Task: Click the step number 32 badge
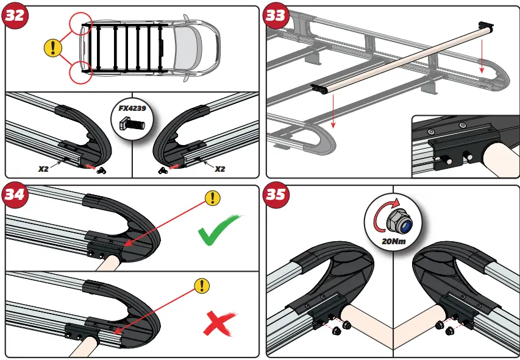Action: click(15, 15)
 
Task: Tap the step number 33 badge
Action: click(276, 15)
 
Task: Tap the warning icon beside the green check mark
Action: click(212, 197)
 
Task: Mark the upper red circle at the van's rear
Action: click(81, 24)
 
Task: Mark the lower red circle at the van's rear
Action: click(81, 72)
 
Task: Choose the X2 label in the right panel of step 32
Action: click(220, 168)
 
